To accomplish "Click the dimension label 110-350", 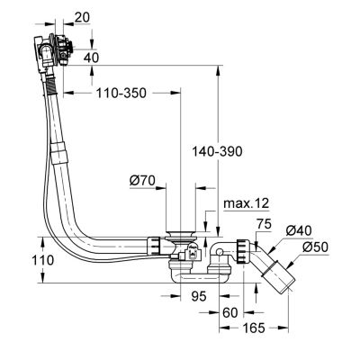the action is (121, 94).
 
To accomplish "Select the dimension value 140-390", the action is (217, 152).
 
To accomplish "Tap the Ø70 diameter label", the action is (142, 180).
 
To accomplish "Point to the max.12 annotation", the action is (247, 203).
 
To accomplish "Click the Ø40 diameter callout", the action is (299, 231).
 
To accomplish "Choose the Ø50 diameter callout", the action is (315, 247).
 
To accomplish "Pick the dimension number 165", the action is (254, 328).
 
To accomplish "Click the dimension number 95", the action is (199, 296).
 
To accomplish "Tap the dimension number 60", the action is (230, 313).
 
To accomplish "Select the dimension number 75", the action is (264, 224).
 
